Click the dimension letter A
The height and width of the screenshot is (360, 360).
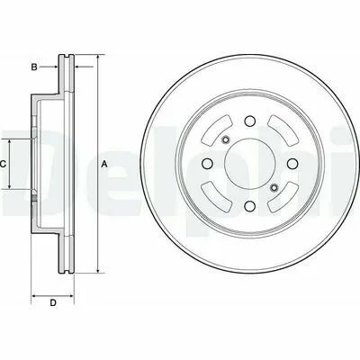(x=104, y=164)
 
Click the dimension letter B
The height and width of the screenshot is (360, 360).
(x=34, y=67)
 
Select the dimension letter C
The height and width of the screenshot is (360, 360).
(x=3, y=164)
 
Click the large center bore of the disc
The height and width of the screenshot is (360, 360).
(x=249, y=164)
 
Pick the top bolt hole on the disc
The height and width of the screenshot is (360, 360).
(x=249, y=121)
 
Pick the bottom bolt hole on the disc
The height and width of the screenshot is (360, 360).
(x=249, y=206)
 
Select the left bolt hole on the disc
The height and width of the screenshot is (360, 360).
(x=207, y=164)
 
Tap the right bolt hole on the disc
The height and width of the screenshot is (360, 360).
(x=292, y=164)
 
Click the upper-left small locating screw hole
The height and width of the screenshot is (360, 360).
(x=225, y=139)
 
